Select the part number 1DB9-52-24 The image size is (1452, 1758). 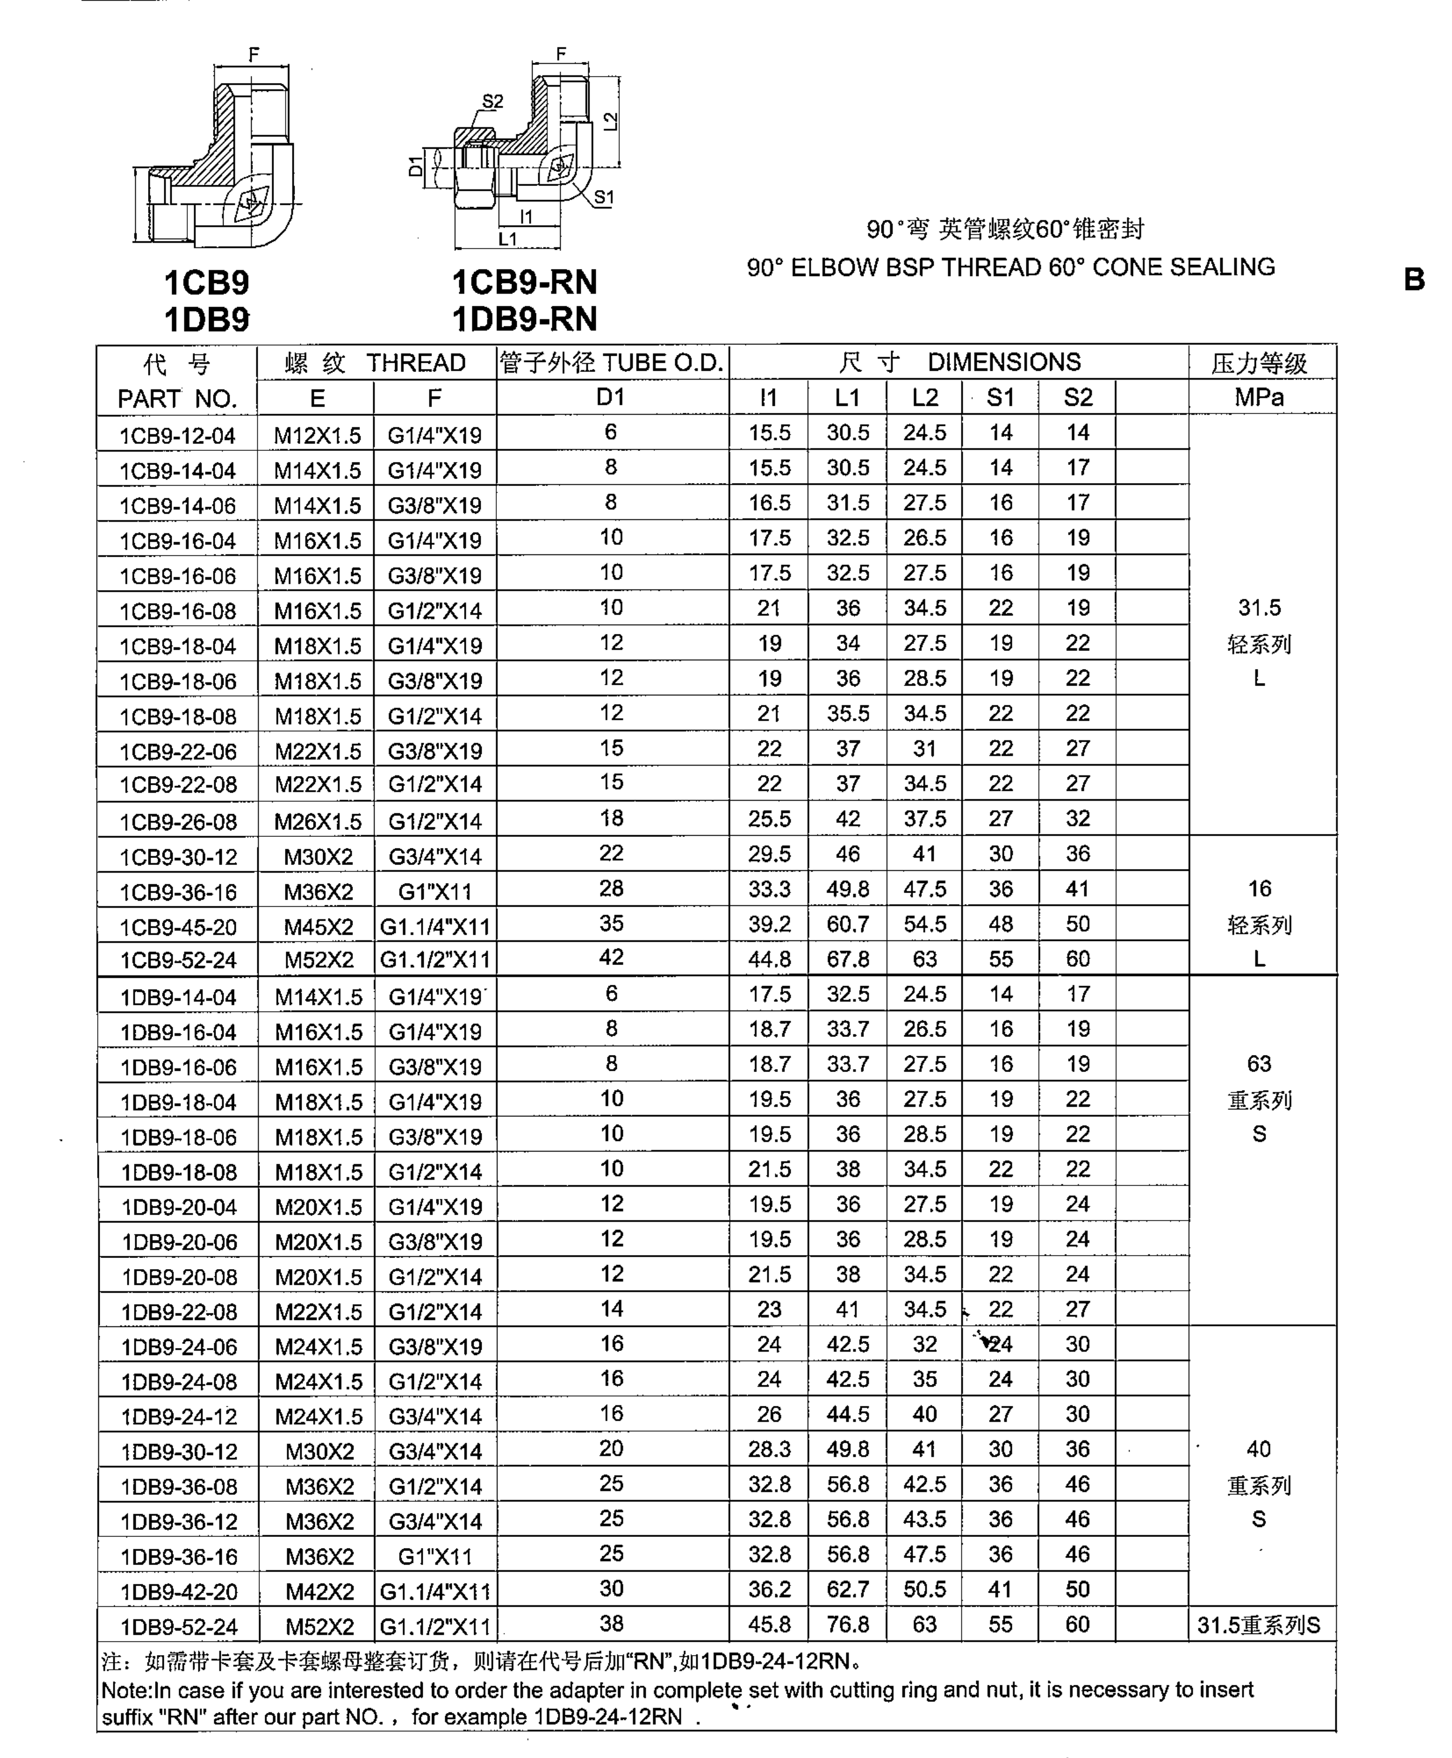pos(179,1626)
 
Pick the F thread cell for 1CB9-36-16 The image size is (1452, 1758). pos(435,891)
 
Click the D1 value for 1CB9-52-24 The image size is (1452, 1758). pos(612,957)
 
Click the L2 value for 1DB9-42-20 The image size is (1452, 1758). pos(924,1589)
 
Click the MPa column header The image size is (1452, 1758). pos(1259,397)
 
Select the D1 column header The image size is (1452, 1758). pos(612,397)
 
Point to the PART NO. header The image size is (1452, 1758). pos(177,399)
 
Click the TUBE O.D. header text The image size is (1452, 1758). pos(663,363)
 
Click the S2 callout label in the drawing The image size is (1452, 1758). pos(493,101)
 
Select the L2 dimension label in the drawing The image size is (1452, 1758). pos(610,121)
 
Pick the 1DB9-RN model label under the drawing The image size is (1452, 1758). pos(524,319)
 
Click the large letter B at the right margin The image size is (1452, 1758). pos(1413,279)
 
